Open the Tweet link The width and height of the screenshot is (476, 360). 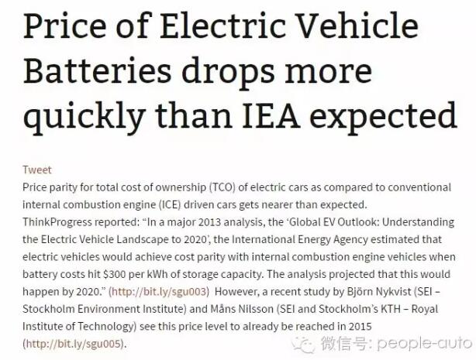click(x=37, y=170)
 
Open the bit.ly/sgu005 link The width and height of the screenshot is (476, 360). click(x=73, y=343)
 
